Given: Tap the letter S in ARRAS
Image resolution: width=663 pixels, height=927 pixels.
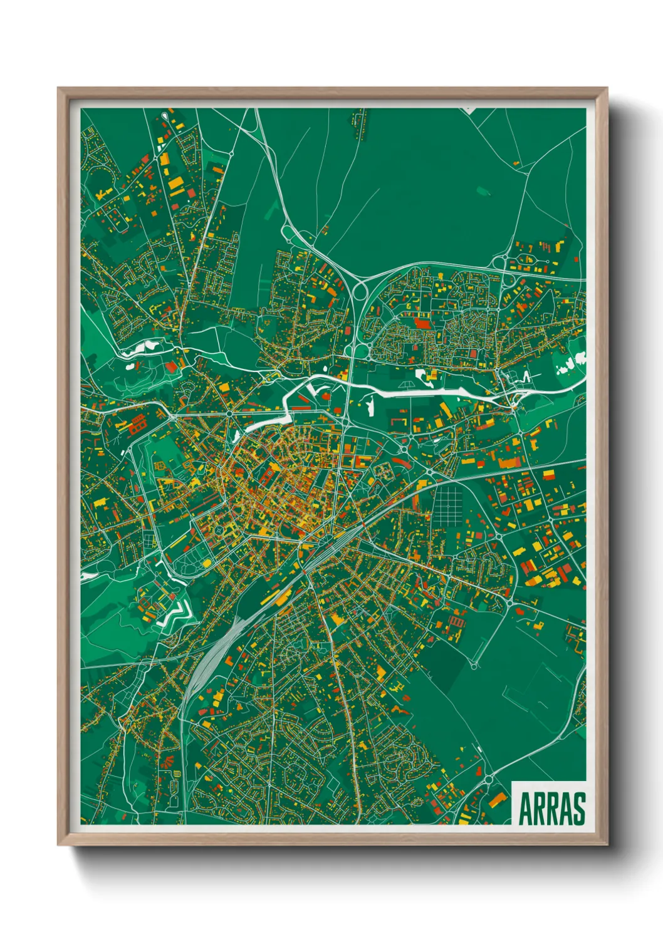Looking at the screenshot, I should tap(578, 809).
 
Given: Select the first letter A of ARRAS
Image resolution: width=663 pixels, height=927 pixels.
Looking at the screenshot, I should tap(525, 809).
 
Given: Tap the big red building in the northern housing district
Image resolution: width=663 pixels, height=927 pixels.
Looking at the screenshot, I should tap(422, 323).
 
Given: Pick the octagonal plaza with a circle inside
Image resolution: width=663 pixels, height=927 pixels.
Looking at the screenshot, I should tap(219, 531).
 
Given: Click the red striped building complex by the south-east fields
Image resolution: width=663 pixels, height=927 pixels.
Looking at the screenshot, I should tap(456, 621).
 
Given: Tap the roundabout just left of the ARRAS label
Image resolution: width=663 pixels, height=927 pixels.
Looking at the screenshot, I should tap(488, 779).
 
